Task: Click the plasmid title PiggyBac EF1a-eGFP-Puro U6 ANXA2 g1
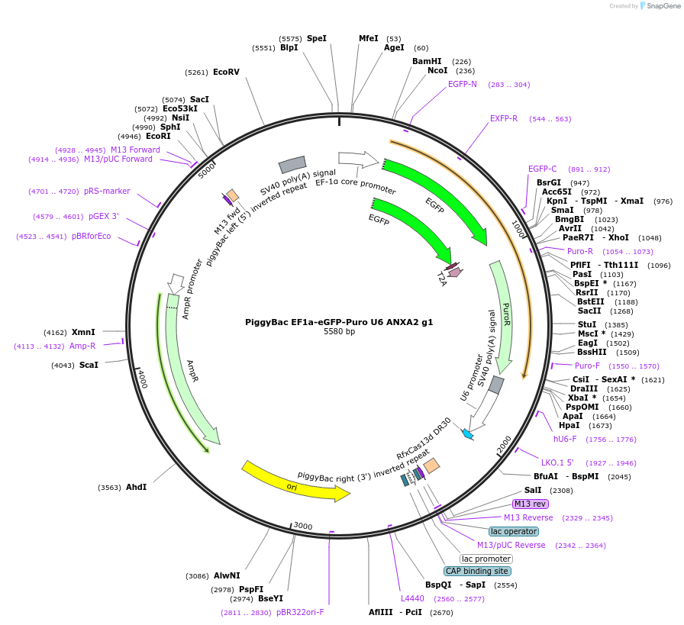tap(339, 322)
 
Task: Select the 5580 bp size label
tap(339, 332)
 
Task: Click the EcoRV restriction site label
tap(226, 72)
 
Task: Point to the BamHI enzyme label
tap(427, 61)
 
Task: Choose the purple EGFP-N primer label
tap(462, 84)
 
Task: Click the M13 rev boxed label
tap(530, 504)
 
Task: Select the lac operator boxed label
tap(513, 531)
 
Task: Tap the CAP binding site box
tap(477, 571)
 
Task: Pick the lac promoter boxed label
tap(486, 559)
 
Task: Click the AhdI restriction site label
tap(136, 487)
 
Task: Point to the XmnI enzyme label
tap(83, 332)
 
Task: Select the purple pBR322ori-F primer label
tap(300, 612)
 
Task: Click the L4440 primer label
tap(412, 599)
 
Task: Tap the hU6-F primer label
tap(565, 439)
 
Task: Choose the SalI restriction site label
tap(533, 490)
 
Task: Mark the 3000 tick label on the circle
tap(303, 526)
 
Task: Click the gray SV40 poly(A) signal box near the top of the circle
tap(292, 164)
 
